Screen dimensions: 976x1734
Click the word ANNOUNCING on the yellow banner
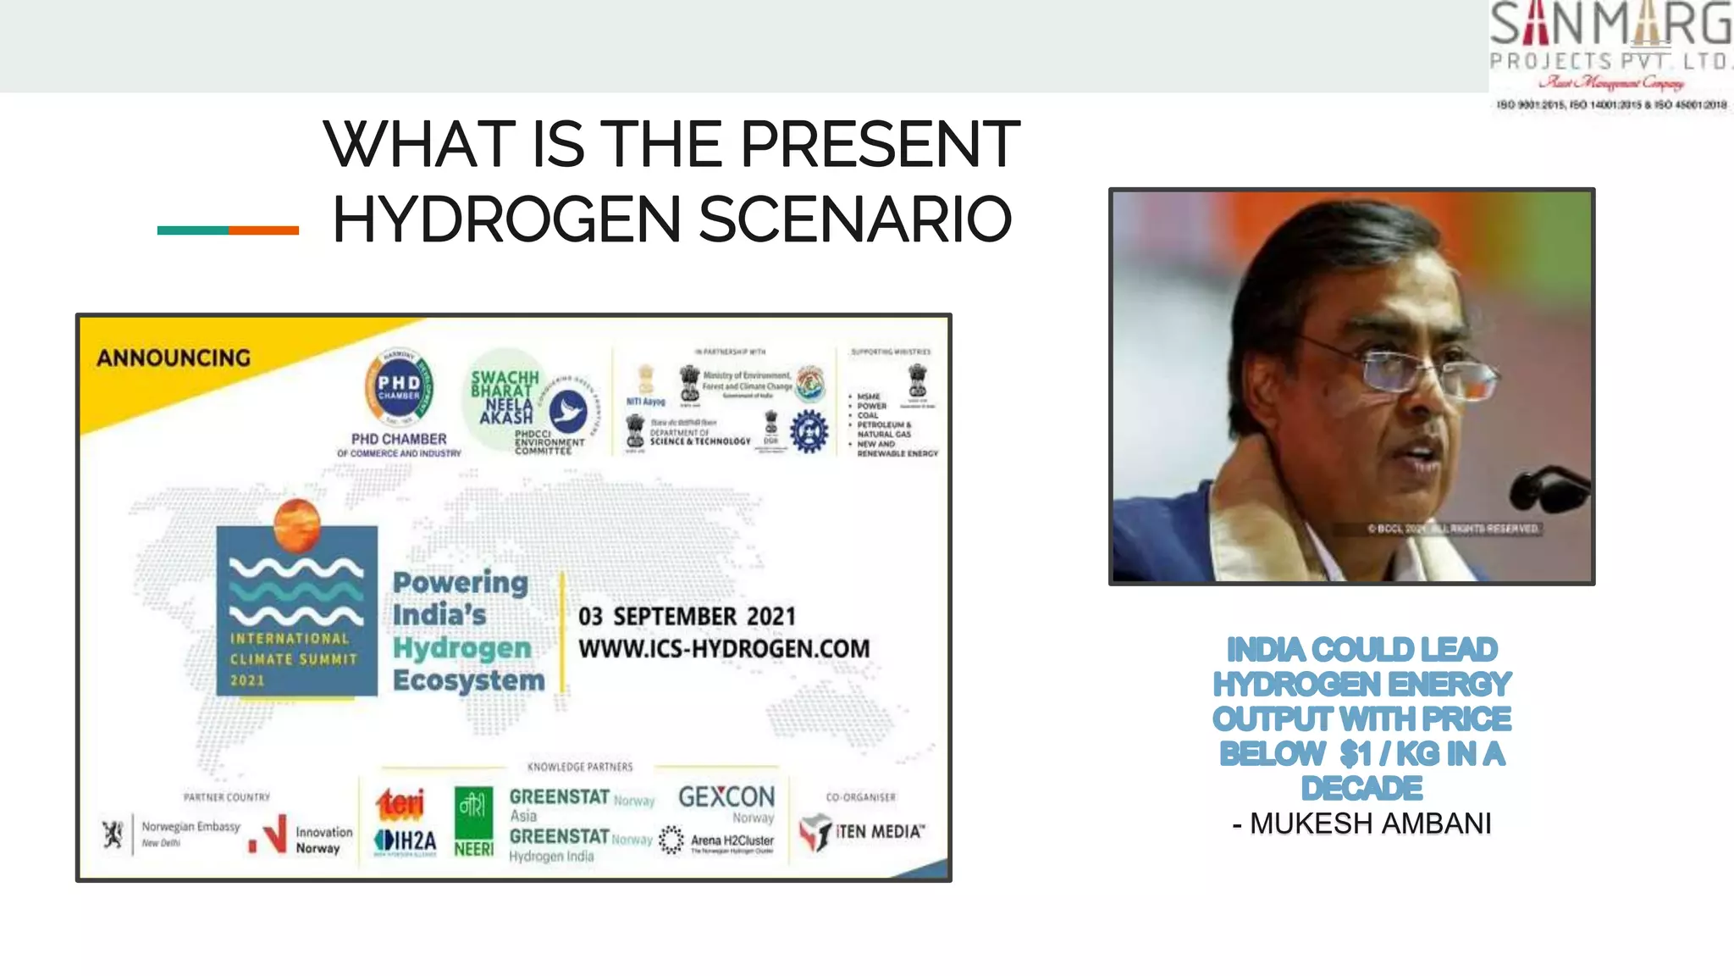pos(174,358)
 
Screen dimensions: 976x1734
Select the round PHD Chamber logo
pos(399,389)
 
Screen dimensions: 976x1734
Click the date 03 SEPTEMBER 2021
pos(687,617)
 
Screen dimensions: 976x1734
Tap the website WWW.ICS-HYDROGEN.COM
pos(724,649)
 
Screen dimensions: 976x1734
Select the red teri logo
pos(400,803)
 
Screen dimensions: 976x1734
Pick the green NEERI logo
pos(473,821)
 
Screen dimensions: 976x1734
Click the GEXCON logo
pos(726,797)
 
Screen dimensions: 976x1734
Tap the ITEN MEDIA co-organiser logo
pos(862,832)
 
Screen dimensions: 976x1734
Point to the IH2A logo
pos(406,840)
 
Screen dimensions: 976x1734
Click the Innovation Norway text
pos(323,840)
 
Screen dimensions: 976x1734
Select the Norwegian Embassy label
pos(191,827)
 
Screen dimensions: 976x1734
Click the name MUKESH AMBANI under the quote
pos(1370,823)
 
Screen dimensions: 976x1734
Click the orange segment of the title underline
pos(263,230)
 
